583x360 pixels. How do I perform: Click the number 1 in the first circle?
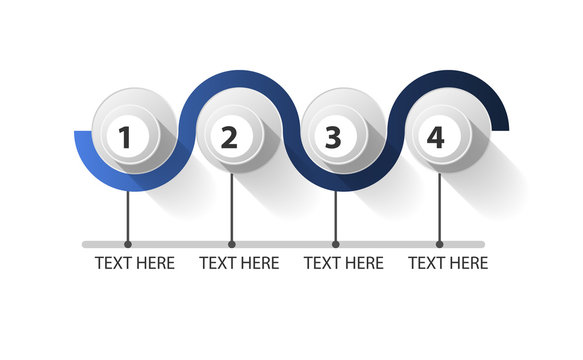click(x=125, y=138)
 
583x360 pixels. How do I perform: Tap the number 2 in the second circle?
click(x=229, y=138)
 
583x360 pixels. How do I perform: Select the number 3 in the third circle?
click(x=333, y=138)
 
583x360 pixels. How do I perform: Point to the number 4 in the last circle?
click(x=436, y=138)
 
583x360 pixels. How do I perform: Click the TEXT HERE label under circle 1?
click(x=135, y=263)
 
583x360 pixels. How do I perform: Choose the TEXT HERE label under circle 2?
click(x=239, y=263)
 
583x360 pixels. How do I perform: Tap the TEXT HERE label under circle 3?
click(x=343, y=263)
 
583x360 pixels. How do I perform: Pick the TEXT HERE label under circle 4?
click(x=448, y=263)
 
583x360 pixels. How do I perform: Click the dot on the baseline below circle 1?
click(x=128, y=244)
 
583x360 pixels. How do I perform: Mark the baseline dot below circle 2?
click(x=232, y=244)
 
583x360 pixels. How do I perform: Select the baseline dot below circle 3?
click(x=335, y=244)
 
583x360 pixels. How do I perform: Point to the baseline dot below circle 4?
click(x=439, y=244)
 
